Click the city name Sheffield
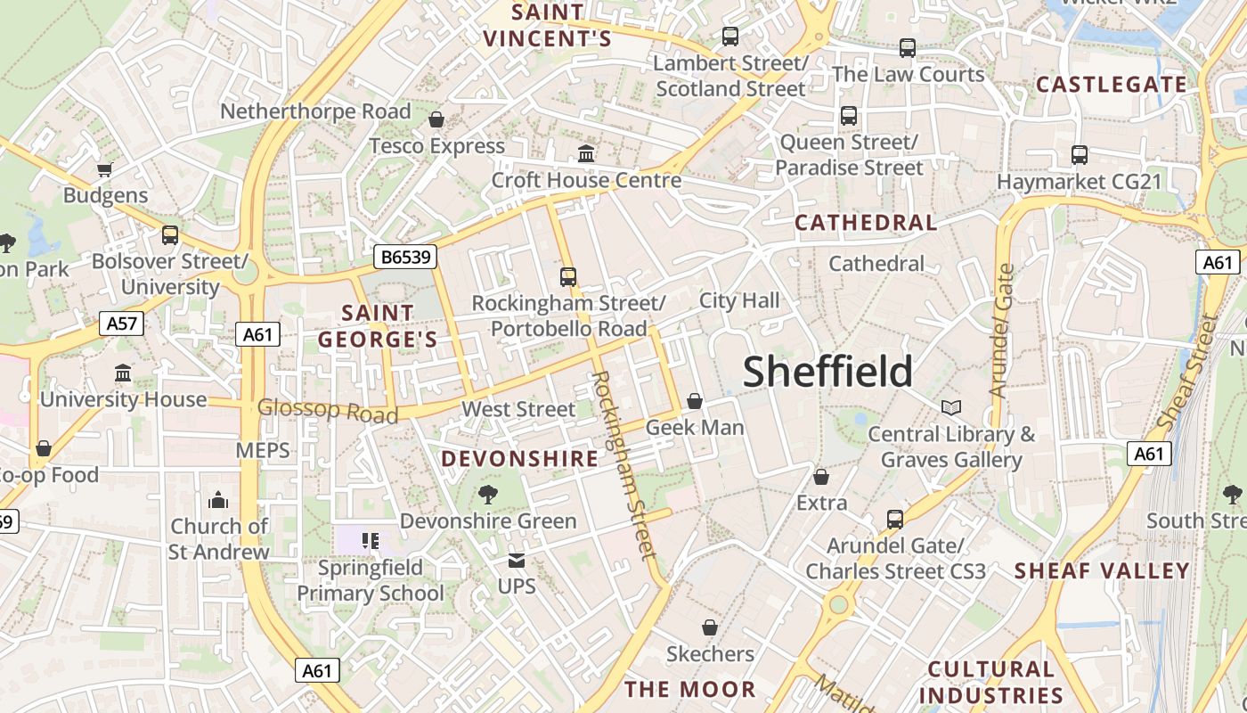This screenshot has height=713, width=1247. (x=827, y=372)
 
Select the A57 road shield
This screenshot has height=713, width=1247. (x=121, y=323)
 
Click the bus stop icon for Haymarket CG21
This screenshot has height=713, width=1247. (x=1080, y=155)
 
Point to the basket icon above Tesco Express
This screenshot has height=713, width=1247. (x=436, y=119)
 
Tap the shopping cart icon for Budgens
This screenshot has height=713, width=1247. (x=105, y=169)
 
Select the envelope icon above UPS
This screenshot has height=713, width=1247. (x=517, y=561)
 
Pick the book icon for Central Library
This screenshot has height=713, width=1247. (x=951, y=408)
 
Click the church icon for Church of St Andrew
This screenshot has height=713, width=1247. (x=218, y=500)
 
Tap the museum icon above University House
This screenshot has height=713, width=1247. (x=123, y=373)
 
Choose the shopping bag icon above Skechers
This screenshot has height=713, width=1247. (x=710, y=628)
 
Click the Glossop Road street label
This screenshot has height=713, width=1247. (x=327, y=411)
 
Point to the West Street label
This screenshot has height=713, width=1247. (x=518, y=409)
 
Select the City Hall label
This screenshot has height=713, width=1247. (x=738, y=300)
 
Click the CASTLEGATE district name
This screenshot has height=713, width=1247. (x=1112, y=86)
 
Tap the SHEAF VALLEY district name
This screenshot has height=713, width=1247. (x=1102, y=571)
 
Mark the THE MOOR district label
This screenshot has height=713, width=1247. (x=689, y=689)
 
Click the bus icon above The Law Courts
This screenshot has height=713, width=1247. (x=908, y=48)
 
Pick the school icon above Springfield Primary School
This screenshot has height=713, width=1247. (x=370, y=540)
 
